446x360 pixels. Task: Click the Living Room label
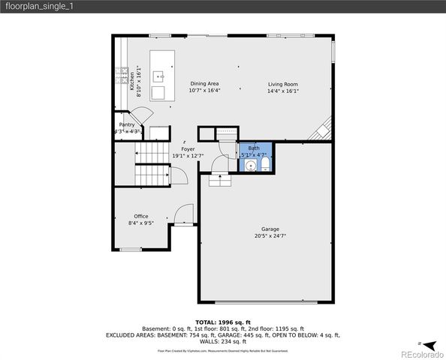click(x=283, y=84)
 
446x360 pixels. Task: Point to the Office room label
click(x=141, y=216)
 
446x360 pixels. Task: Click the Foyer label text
click(x=188, y=149)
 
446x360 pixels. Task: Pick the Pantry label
click(x=127, y=124)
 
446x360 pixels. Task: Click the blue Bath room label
click(x=254, y=148)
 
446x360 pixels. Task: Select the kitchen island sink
click(x=159, y=76)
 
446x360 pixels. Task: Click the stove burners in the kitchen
click(x=121, y=75)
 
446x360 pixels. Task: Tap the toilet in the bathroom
click(x=264, y=164)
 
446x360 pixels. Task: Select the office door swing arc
click(x=182, y=215)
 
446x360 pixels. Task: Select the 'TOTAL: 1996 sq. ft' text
click(x=222, y=321)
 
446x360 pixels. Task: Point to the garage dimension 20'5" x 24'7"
click(x=270, y=235)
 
